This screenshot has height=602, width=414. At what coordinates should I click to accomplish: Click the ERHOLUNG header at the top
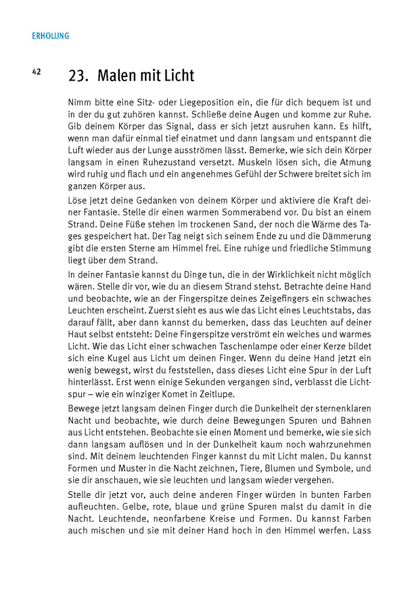[50, 36]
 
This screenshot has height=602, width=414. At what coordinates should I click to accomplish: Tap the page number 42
[36, 72]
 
